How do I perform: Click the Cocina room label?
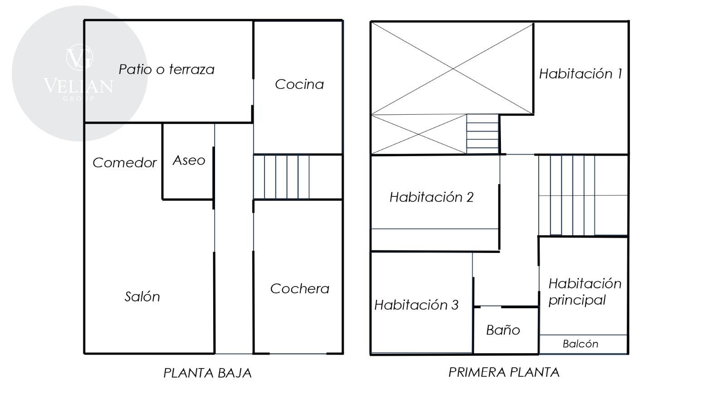tap(299, 84)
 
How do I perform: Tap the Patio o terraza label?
tap(167, 69)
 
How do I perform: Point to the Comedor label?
tap(124, 163)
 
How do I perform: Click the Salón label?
tap(142, 296)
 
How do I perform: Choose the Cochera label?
tap(299, 288)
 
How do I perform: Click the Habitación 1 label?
tap(580, 74)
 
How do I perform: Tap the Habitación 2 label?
tap(432, 197)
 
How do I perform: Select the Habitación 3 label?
tap(416, 305)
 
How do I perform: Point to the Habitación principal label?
tap(585, 292)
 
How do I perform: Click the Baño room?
tap(506, 330)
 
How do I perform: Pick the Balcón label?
tap(580, 344)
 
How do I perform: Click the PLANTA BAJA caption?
tap(207, 373)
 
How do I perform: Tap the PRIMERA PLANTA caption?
tap(504, 372)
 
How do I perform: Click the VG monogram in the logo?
tap(79, 57)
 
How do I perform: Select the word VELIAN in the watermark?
tap(78, 86)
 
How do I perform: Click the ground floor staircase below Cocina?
tap(281, 177)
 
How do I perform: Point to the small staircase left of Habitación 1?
tap(483, 134)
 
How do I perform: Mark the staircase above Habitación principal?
tap(567, 195)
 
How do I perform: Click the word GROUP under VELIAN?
tap(78, 98)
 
